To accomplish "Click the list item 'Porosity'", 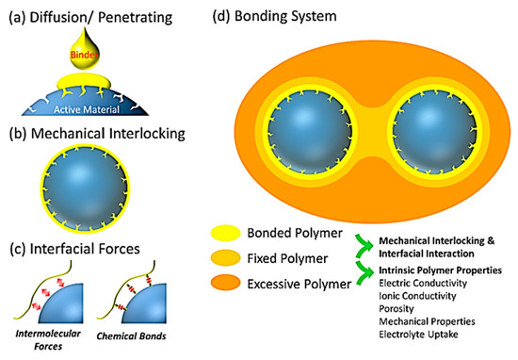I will click(x=393, y=307).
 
